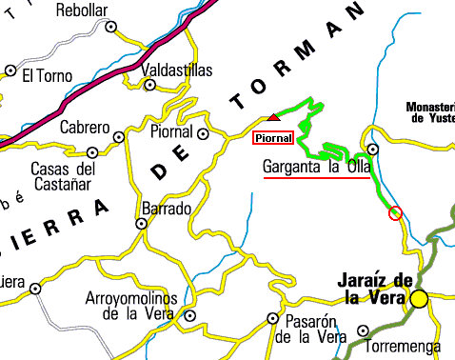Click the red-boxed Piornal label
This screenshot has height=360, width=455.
tap(272, 137)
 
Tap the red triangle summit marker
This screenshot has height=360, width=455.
tap(274, 117)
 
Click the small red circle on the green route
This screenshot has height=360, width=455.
tap(396, 212)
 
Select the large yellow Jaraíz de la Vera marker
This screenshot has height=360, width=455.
tap(420, 300)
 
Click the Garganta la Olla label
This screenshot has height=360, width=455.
tap(316, 168)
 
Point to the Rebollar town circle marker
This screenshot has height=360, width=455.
tap(110, 28)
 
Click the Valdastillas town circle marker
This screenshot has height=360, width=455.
tap(149, 85)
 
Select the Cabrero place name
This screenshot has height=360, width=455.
tap(85, 127)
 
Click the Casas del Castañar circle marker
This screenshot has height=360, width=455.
tap(92, 152)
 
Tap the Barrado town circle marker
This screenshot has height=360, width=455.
tap(141, 224)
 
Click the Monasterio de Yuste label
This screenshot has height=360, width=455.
tap(430, 112)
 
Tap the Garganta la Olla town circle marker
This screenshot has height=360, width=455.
tap(373, 150)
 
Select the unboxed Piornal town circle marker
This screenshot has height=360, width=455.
tap(203, 133)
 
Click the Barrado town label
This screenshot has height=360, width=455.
tap(166, 208)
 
